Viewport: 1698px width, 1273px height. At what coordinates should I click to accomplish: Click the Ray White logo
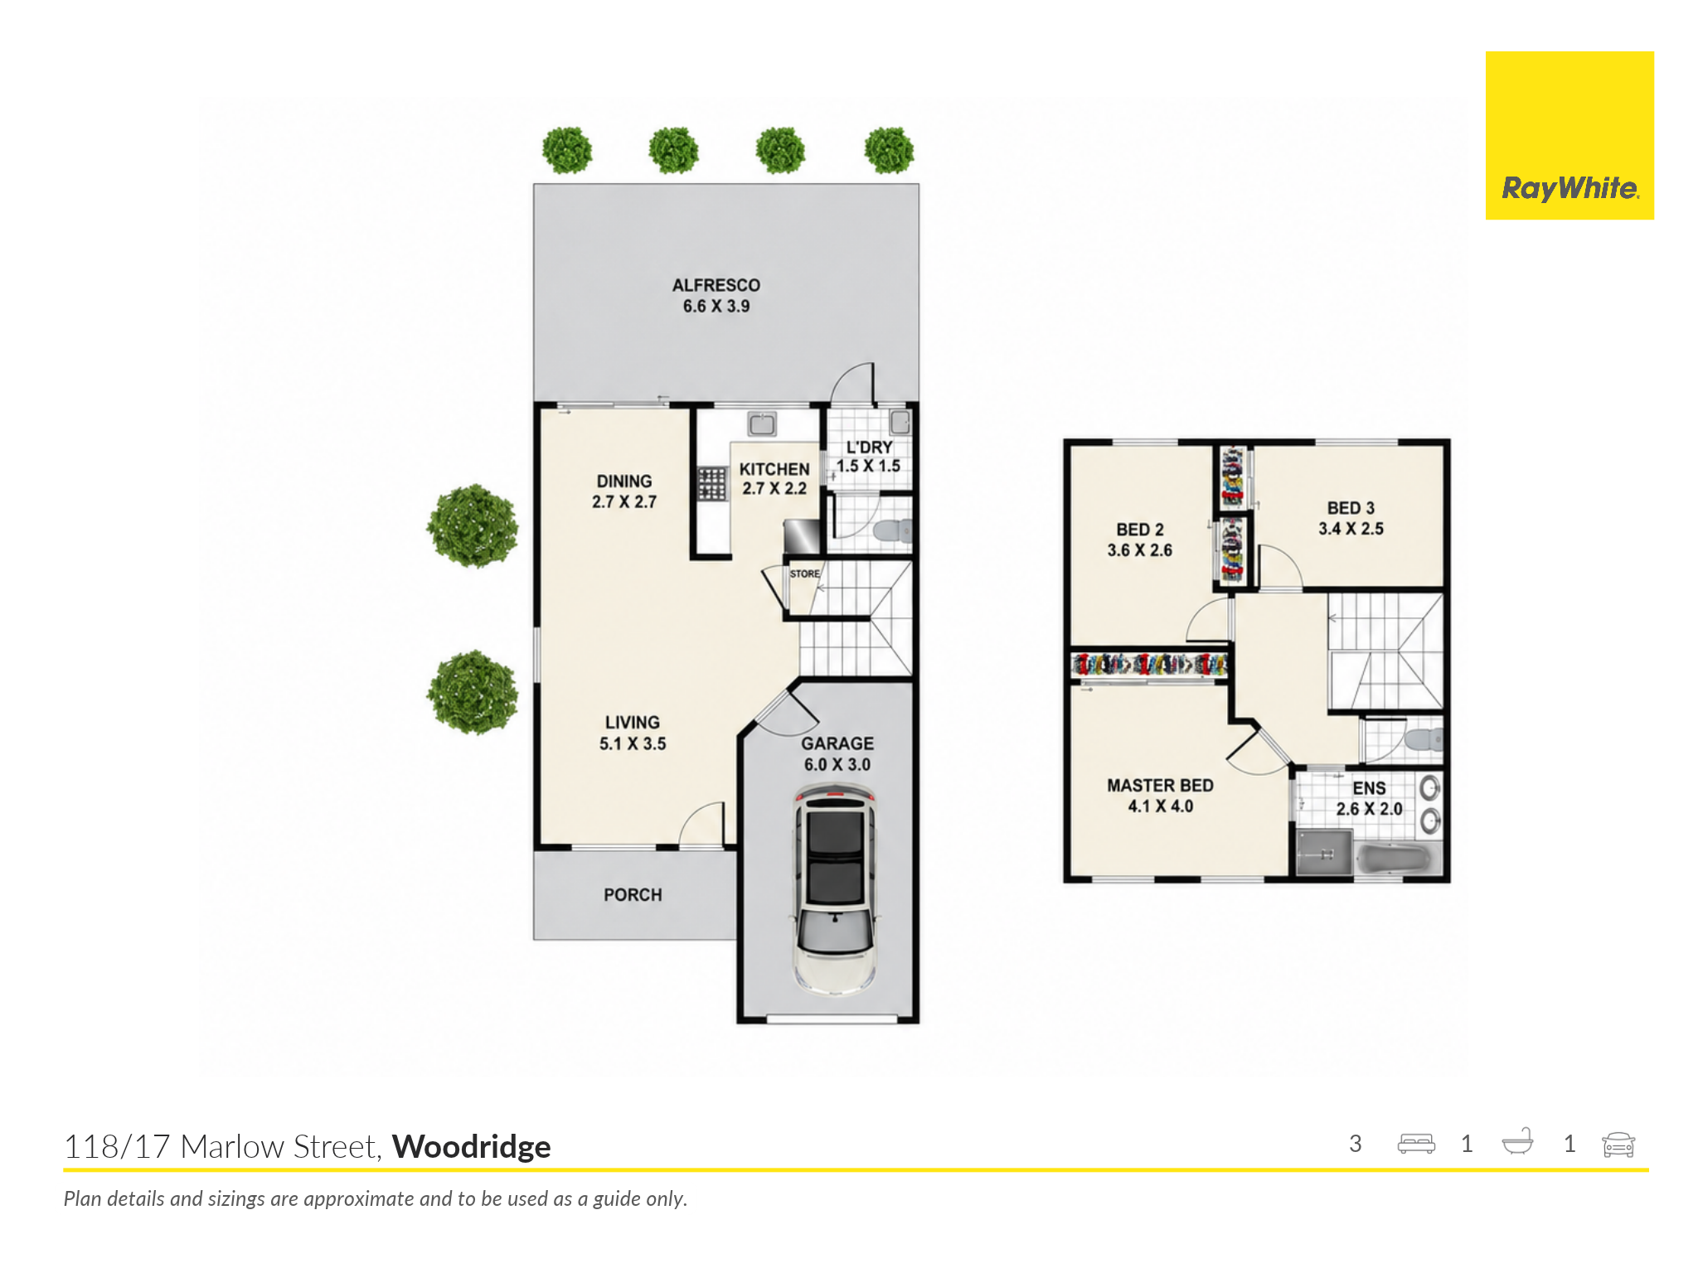click(1569, 136)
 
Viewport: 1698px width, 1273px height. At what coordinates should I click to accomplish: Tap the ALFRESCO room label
click(716, 285)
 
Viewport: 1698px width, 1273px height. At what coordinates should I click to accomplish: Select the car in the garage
click(835, 891)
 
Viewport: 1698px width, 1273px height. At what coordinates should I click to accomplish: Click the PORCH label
click(633, 895)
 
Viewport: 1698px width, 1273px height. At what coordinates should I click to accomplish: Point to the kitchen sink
click(762, 424)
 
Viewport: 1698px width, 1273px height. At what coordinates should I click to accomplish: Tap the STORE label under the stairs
click(804, 574)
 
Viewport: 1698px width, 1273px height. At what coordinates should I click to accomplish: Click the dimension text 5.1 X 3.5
click(633, 744)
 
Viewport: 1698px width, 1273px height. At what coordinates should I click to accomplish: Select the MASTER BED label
click(1160, 786)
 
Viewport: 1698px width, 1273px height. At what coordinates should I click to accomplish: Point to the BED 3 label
click(1351, 508)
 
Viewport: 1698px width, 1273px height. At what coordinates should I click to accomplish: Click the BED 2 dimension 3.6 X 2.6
click(1140, 550)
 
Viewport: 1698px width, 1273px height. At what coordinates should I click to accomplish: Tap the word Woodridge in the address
click(472, 1147)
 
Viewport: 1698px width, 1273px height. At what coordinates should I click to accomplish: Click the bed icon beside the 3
click(1416, 1145)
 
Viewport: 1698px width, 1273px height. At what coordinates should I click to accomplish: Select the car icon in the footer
click(1618, 1145)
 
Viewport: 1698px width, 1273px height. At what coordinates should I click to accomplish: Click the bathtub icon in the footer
click(1518, 1142)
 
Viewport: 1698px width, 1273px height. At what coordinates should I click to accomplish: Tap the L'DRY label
click(869, 448)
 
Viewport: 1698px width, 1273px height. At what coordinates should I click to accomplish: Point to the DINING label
click(624, 482)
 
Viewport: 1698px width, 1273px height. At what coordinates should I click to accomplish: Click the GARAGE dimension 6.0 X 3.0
click(837, 765)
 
